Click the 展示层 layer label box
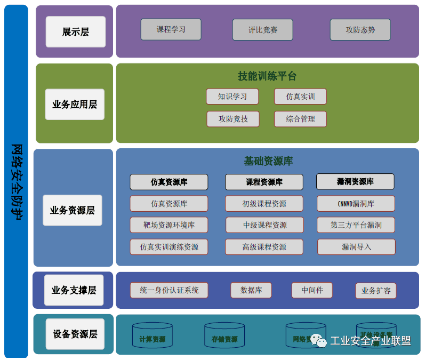pyautogui.click(x=76, y=31)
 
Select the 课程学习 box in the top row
pyautogui.click(x=171, y=30)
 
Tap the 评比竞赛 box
pyautogui.click(x=263, y=30)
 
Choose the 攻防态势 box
pyautogui.click(x=360, y=30)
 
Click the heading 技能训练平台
pyautogui.click(x=267, y=76)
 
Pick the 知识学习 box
pyautogui.click(x=232, y=97)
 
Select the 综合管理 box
pyautogui.click(x=300, y=119)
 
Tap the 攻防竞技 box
pyautogui.click(x=233, y=119)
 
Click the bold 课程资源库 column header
pyautogui.click(x=264, y=182)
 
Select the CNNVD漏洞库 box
pyautogui.click(x=356, y=204)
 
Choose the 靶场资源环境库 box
pyautogui.click(x=169, y=225)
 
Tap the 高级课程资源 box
pyautogui.click(x=264, y=247)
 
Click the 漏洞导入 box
pyautogui.click(x=356, y=247)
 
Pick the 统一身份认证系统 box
pyautogui.click(x=169, y=290)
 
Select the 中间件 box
pyautogui.click(x=312, y=290)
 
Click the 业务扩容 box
pyautogui.click(x=376, y=291)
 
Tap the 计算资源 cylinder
pyautogui.click(x=153, y=335)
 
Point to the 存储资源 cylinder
pyautogui.click(x=224, y=335)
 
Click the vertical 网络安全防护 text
pyautogui.click(x=17, y=181)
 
